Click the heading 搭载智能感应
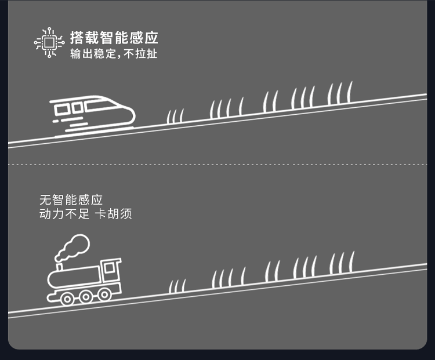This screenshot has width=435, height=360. (114, 38)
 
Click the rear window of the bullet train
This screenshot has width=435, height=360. (62, 108)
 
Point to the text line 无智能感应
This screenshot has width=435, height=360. (71, 200)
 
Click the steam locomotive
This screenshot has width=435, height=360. (85, 278)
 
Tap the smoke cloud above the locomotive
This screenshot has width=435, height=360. (72, 247)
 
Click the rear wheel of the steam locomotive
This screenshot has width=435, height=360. (67, 299)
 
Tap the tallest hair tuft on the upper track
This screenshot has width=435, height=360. (340, 93)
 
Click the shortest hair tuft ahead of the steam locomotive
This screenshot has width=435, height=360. (177, 286)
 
